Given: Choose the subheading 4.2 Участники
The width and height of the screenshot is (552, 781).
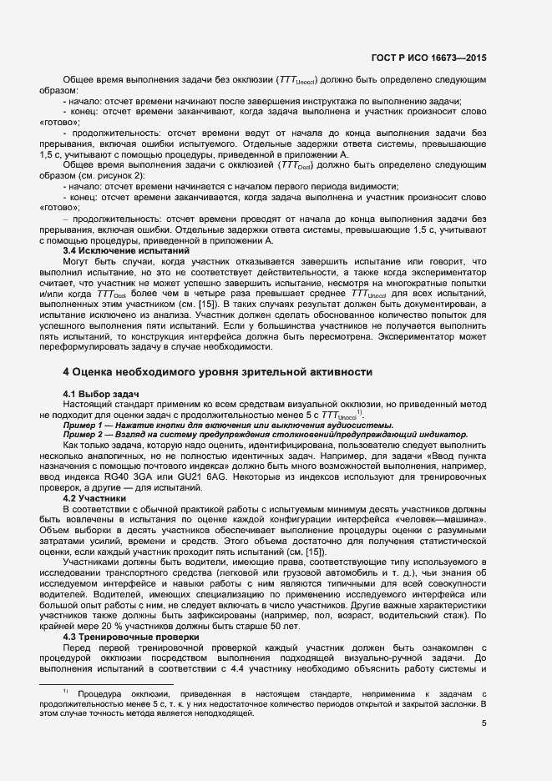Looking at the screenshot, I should (94, 498).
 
